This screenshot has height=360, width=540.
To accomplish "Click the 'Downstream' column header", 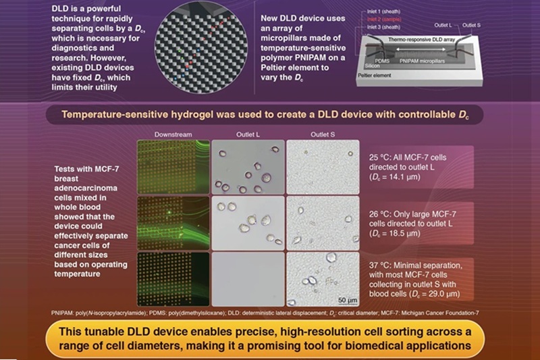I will pos(173,134).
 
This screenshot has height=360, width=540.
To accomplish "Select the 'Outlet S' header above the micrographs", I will pos(321,134).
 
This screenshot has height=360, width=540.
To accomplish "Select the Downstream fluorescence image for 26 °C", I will pos(173,222).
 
